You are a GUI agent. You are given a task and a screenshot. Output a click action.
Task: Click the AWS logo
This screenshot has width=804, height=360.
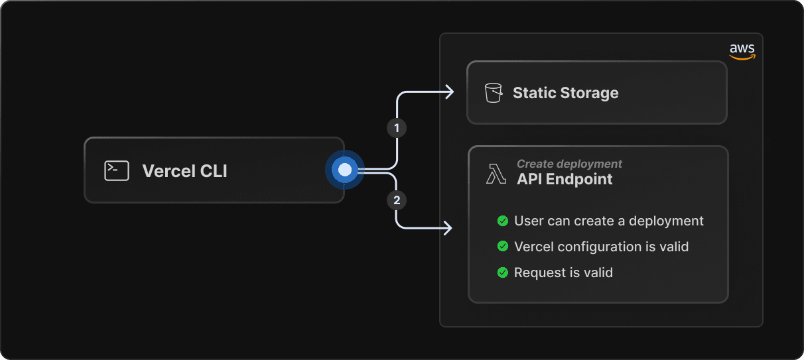click(742, 52)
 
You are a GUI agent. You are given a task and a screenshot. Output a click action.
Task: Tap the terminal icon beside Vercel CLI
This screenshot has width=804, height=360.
click(117, 170)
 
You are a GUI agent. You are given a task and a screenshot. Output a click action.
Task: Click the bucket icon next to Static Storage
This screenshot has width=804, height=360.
click(494, 93)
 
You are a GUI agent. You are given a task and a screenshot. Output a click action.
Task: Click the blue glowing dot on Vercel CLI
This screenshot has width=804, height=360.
click(344, 170)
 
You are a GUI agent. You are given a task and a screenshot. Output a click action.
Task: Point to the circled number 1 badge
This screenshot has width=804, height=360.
click(397, 127)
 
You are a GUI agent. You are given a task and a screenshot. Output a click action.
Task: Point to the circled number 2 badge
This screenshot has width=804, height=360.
click(397, 200)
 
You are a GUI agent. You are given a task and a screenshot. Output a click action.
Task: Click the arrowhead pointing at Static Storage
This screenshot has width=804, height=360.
click(450, 92)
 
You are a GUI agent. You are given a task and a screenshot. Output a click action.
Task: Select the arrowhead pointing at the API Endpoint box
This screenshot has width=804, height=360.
click(448, 228)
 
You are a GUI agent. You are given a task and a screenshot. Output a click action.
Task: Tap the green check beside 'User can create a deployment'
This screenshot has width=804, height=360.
click(503, 221)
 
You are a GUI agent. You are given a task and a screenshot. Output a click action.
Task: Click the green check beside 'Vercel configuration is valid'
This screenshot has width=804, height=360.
click(503, 247)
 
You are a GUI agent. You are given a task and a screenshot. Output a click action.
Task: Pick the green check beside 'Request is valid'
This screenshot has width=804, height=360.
click(503, 272)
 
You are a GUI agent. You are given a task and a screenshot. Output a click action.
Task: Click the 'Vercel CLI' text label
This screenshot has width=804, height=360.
click(184, 171)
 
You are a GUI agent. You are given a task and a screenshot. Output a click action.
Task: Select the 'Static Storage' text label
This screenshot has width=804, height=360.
click(565, 93)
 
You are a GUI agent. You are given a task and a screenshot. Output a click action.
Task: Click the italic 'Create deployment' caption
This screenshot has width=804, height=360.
click(569, 164)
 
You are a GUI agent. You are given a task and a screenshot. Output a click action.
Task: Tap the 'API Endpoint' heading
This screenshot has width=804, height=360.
click(565, 179)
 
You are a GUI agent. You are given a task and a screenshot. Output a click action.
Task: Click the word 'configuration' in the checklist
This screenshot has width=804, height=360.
click(598, 247)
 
